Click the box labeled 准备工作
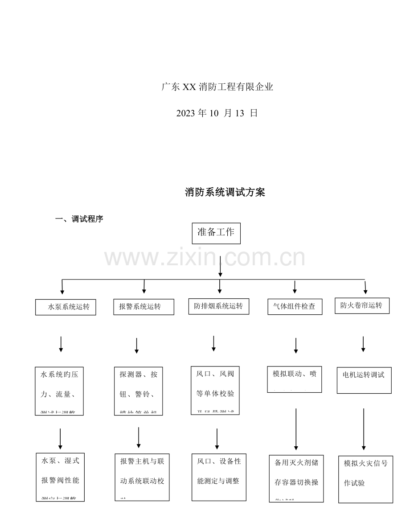tap(216, 233)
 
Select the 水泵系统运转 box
tap(66, 307)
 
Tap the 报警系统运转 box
tap(143, 307)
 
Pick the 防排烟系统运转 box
tap(218, 306)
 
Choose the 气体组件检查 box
tap(295, 307)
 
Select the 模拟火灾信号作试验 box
tap(365, 479)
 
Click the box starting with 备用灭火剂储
tap(296, 478)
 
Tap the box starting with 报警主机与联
tap(142, 477)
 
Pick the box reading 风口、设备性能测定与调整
tap(218, 477)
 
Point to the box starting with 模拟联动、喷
tap(294, 379)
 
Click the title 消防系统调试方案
tap(225, 193)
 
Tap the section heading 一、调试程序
tap(79, 219)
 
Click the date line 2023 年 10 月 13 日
tap(217, 113)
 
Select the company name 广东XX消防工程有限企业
tap(217, 87)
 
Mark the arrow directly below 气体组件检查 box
tap(296, 346)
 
